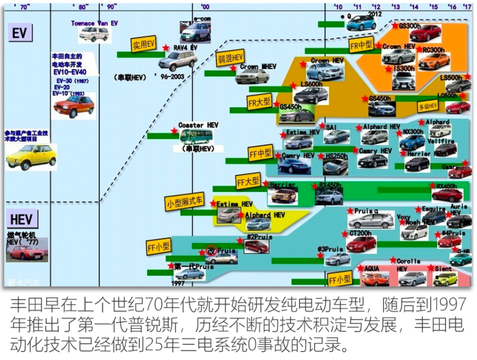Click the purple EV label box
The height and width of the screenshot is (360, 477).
coord(20,33)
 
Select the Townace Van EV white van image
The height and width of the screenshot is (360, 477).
coord(94,34)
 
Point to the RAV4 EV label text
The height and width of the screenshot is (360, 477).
coord(185,48)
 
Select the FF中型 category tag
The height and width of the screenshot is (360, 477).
coord(260,153)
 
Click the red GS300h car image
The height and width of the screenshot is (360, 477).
coord(426,33)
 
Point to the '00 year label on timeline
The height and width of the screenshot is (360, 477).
coord(205,7)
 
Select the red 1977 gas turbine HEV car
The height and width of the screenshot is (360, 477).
coord(26,252)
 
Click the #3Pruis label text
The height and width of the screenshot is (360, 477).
coord(330,249)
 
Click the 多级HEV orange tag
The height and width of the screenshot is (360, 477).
coord(427,106)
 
